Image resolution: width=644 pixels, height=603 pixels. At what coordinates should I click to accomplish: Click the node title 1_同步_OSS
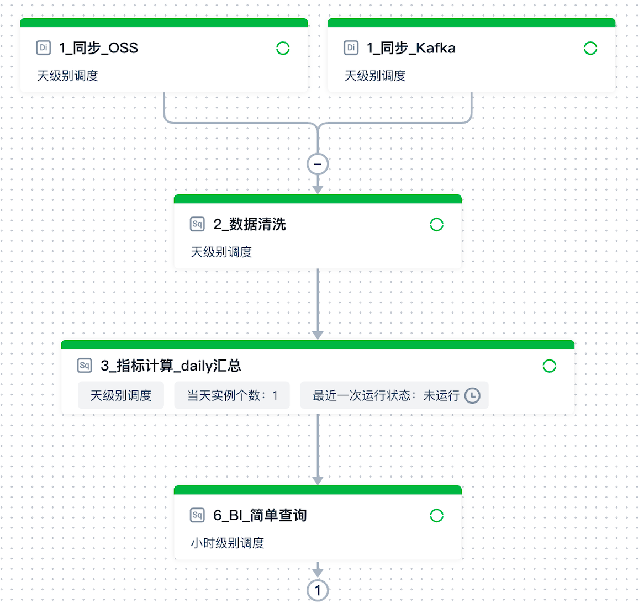point(99,48)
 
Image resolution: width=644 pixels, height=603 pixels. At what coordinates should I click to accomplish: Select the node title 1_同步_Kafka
point(411,48)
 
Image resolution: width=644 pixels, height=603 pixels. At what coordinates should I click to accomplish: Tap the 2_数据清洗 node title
point(250,224)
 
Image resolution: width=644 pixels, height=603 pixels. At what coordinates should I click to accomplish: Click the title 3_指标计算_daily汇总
point(171,366)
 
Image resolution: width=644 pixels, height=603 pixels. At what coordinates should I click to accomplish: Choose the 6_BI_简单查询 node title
point(260,515)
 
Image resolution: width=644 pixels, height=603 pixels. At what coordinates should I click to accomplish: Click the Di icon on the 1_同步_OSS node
point(43,48)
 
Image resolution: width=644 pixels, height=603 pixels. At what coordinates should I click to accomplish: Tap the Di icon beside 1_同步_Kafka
point(351,48)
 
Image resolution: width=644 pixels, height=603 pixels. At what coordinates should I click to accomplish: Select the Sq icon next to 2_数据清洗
point(197,224)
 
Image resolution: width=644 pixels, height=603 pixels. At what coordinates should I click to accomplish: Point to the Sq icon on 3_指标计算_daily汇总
point(85,366)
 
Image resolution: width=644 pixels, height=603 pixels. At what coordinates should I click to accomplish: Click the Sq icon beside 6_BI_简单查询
point(197,515)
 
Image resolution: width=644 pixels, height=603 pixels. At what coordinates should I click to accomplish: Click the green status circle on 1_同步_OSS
point(283,49)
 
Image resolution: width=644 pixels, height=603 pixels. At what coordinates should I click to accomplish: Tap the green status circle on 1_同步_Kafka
point(590,49)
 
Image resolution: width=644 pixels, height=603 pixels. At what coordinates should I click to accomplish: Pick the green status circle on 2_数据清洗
point(437,225)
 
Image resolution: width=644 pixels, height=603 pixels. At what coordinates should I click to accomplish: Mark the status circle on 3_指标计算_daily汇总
point(550,366)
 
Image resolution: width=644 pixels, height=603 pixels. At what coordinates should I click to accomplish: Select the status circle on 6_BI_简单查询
point(437,516)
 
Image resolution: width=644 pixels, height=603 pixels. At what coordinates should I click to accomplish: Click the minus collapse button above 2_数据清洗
point(318,164)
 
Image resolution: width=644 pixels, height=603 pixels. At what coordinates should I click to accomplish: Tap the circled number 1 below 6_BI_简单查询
point(318,591)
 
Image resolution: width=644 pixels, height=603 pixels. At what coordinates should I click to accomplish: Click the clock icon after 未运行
point(472,395)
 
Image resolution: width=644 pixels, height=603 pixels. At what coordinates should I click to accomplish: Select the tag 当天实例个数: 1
point(232,395)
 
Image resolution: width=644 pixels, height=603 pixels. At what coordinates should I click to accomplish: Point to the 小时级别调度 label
point(228,543)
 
